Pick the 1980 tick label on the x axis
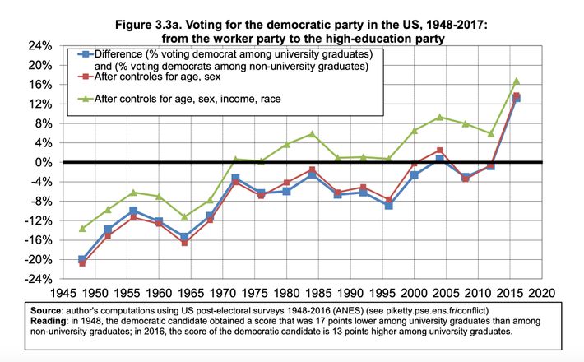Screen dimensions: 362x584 (285, 292)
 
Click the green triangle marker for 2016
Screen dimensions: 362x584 (516, 81)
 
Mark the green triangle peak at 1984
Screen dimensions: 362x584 (312, 133)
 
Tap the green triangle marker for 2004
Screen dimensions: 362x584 (440, 117)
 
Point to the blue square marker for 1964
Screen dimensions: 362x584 (184, 236)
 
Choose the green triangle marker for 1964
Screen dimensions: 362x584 (184, 216)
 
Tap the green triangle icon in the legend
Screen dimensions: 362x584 (84, 98)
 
